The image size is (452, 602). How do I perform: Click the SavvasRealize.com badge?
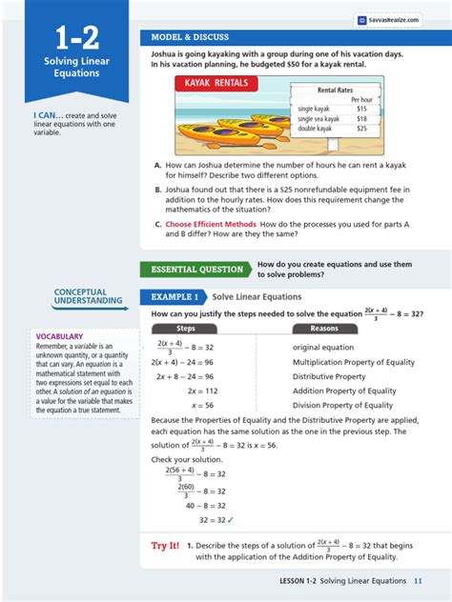[389, 18]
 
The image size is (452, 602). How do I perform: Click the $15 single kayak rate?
[361, 110]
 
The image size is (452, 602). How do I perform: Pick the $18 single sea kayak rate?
[361, 119]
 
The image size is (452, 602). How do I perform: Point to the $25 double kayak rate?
[361, 129]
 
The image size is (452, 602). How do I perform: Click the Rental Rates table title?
[335, 90]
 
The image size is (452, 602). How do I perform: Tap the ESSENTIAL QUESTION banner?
[195, 269]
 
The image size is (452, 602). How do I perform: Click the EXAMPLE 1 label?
[173, 296]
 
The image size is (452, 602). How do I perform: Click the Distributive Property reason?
[329, 376]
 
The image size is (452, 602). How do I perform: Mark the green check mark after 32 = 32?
[230, 520]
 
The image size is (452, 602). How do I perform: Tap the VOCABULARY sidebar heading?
[59, 336]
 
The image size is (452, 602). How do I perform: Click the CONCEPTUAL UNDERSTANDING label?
[81, 296]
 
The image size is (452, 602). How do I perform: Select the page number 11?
[418, 582]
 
